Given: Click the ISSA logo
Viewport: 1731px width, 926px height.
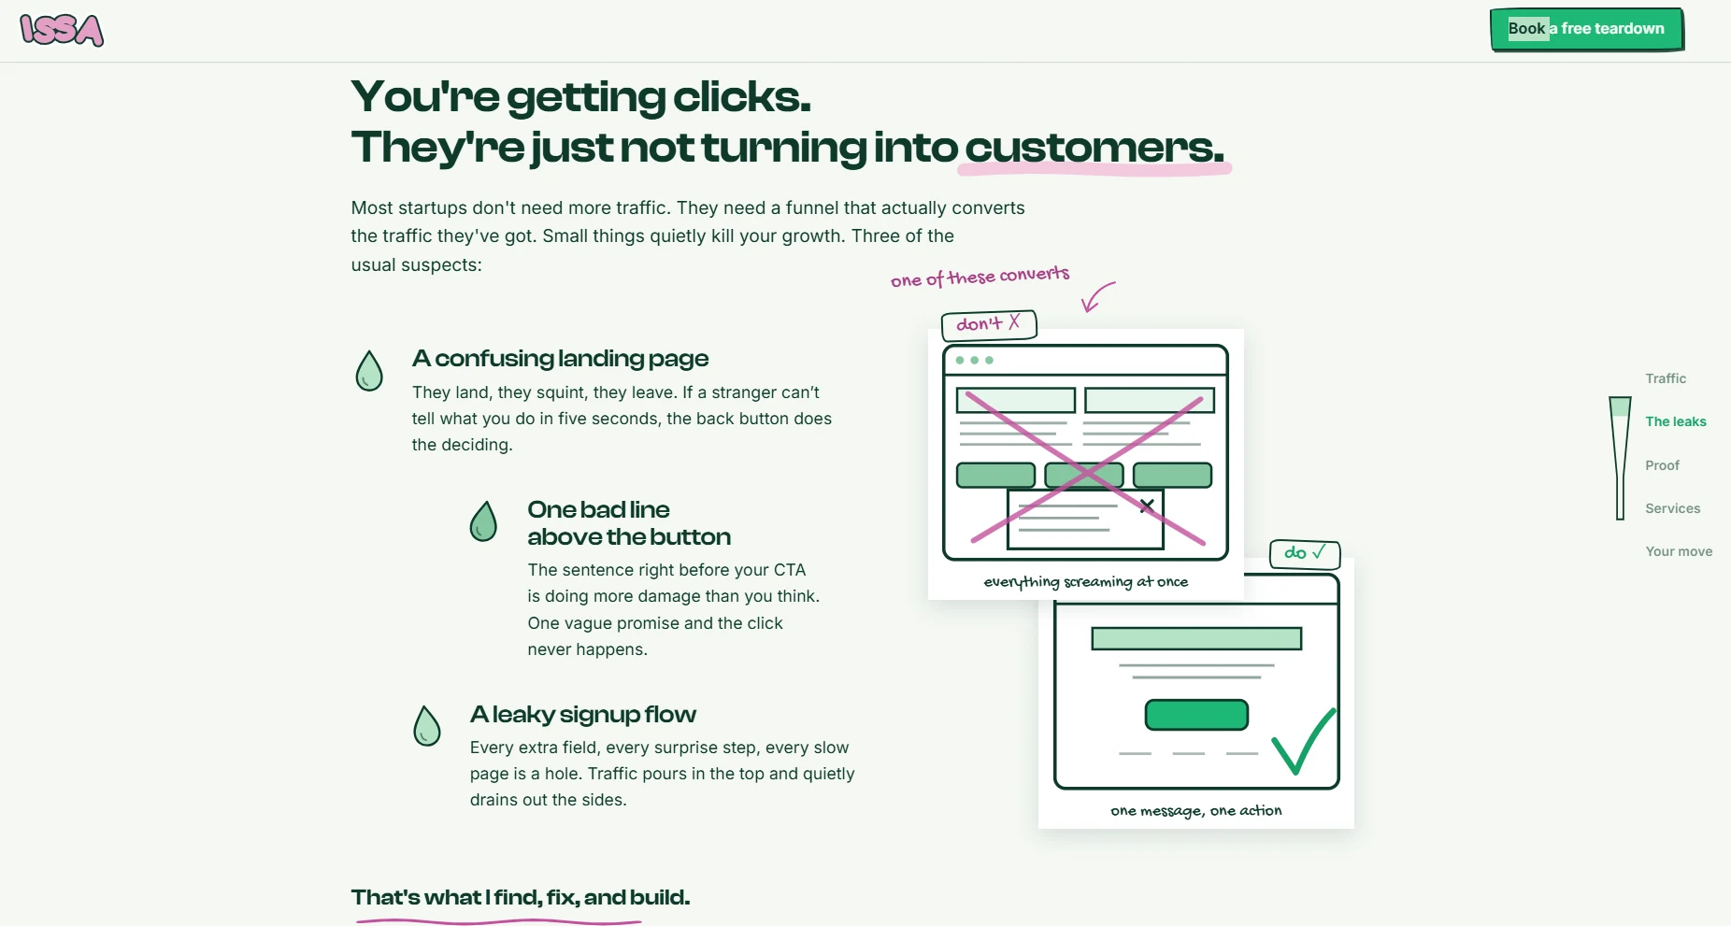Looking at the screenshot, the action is tap(62, 30).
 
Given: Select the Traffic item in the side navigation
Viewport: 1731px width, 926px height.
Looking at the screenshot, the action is tap(1666, 378).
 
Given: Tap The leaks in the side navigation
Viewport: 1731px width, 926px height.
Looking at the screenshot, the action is tap(1676, 421).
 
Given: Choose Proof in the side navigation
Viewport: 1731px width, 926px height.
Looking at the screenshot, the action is tap(1662, 465).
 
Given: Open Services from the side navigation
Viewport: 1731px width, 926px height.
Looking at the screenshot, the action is tap(1672, 508).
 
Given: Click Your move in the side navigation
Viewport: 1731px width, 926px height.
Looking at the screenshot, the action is tap(1679, 551).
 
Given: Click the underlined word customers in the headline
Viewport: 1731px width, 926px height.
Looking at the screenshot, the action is tap(1094, 148).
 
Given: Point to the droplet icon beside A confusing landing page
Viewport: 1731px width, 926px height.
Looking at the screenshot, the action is tap(369, 371).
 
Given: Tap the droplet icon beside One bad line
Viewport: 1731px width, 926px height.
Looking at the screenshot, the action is tap(483, 521).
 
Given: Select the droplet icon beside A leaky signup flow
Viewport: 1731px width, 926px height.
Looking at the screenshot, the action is tap(427, 726).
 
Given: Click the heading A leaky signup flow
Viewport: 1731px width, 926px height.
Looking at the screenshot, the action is tap(583, 715).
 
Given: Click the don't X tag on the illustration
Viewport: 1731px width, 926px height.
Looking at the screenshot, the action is tap(989, 324).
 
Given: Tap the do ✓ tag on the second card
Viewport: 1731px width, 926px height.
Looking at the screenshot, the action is tap(1305, 553).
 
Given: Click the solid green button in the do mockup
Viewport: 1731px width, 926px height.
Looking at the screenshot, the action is tap(1196, 715).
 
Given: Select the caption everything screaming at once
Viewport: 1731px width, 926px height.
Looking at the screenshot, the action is tap(1086, 582).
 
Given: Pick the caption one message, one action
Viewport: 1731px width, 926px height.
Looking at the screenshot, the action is tap(1196, 811).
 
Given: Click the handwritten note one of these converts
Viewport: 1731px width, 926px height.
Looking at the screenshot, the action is tap(980, 277).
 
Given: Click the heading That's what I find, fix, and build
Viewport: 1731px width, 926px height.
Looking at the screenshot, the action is tap(521, 898).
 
